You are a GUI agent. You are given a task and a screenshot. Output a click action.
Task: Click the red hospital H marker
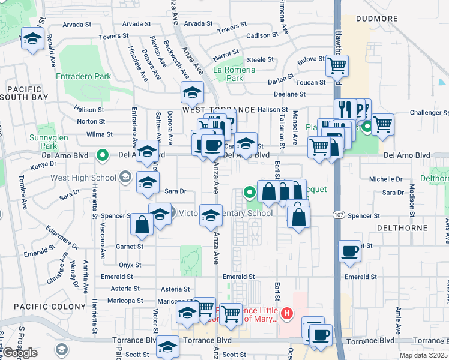pos(288,313)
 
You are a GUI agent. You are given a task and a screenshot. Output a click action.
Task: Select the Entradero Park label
pos(83,77)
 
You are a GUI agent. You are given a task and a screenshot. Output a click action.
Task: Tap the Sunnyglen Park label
pos(43,141)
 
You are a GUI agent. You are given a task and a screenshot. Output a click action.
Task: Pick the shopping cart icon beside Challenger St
pos(382,124)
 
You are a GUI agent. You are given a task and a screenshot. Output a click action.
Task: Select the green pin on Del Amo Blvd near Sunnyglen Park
pos(103,155)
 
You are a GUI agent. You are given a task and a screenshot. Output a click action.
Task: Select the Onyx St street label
pos(129,265)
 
